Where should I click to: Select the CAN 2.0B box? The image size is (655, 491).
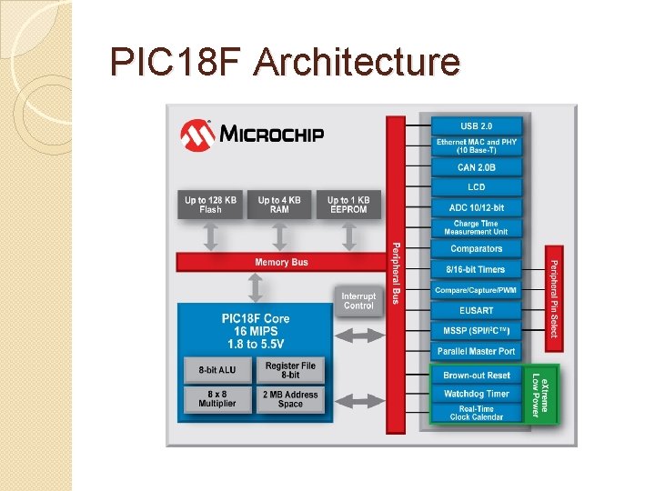point(476,167)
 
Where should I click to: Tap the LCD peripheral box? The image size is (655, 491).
point(476,187)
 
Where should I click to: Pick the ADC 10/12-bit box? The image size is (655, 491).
point(476,207)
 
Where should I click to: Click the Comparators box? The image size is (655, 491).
point(476,249)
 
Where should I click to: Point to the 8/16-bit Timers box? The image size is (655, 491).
point(476,269)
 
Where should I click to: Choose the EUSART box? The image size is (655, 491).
point(476,310)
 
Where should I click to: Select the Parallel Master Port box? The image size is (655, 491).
point(476,351)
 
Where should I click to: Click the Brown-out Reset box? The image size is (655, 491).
point(476,376)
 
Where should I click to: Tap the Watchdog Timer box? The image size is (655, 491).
point(476,394)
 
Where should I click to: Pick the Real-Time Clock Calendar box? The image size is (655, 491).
point(476,414)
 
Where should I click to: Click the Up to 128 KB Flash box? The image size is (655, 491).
point(210,205)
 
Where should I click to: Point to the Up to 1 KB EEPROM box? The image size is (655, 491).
point(348,205)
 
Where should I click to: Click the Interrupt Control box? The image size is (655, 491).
point(358,301)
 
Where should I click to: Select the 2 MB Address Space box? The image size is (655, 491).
point(290,399)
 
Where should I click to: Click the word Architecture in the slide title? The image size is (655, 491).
point(358,63)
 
